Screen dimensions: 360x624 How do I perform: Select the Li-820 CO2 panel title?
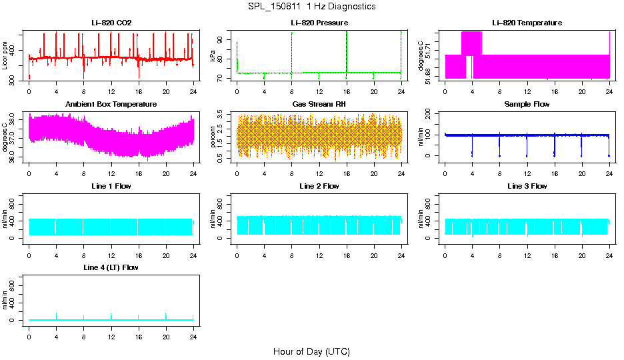(x=111, y=23)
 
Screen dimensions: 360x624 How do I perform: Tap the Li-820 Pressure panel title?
(x=319, y=23)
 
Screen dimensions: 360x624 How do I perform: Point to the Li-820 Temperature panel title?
(x=527, y=23)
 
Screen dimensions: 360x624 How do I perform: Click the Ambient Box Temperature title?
(x=111, y=105)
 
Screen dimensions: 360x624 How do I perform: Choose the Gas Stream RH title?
(x=319, y=105)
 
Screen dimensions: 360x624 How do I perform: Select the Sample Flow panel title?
(x=527, y=105)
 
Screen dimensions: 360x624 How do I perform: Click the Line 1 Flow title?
(x=111, y=186)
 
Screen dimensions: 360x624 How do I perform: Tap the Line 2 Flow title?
(x=319, y=186)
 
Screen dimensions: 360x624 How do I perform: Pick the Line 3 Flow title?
(x=527, y=186)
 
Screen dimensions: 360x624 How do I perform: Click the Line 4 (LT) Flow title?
(x=111, y=267)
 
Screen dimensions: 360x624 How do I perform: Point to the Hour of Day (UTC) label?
(x=311, y=351)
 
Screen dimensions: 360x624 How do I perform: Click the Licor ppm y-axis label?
(x=5, y=56)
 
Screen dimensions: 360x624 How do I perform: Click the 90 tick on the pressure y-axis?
(x=221, y=39)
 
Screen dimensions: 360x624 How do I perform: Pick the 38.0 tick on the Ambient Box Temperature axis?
(x=13, y=121)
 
